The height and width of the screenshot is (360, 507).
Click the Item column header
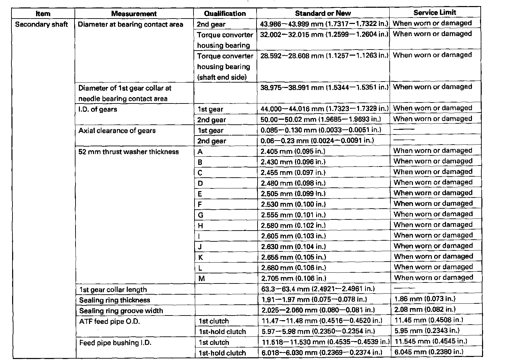coord(43,14)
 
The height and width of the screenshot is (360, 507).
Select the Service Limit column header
coord(435,12)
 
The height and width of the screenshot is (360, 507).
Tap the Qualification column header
coord(225,13)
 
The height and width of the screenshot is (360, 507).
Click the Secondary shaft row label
coord(41,24)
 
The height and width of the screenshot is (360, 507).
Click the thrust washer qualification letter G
coord(201,215)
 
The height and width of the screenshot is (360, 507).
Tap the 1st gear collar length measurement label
coord(113,290)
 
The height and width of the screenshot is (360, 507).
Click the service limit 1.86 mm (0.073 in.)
coord(425,299)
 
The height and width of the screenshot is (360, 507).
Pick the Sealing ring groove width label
coord(121,311)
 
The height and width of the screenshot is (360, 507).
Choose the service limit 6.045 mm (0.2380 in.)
coord(429,352)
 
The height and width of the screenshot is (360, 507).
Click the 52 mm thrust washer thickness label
coord(128,152)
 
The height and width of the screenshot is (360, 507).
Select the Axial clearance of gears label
coord(117,130)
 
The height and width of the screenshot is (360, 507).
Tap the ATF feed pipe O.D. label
coord(110,321)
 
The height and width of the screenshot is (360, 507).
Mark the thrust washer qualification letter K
coord(201,258)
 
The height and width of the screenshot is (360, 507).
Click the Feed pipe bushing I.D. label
coord(115,343)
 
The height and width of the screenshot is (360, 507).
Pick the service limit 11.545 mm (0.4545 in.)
coord(431,341)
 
